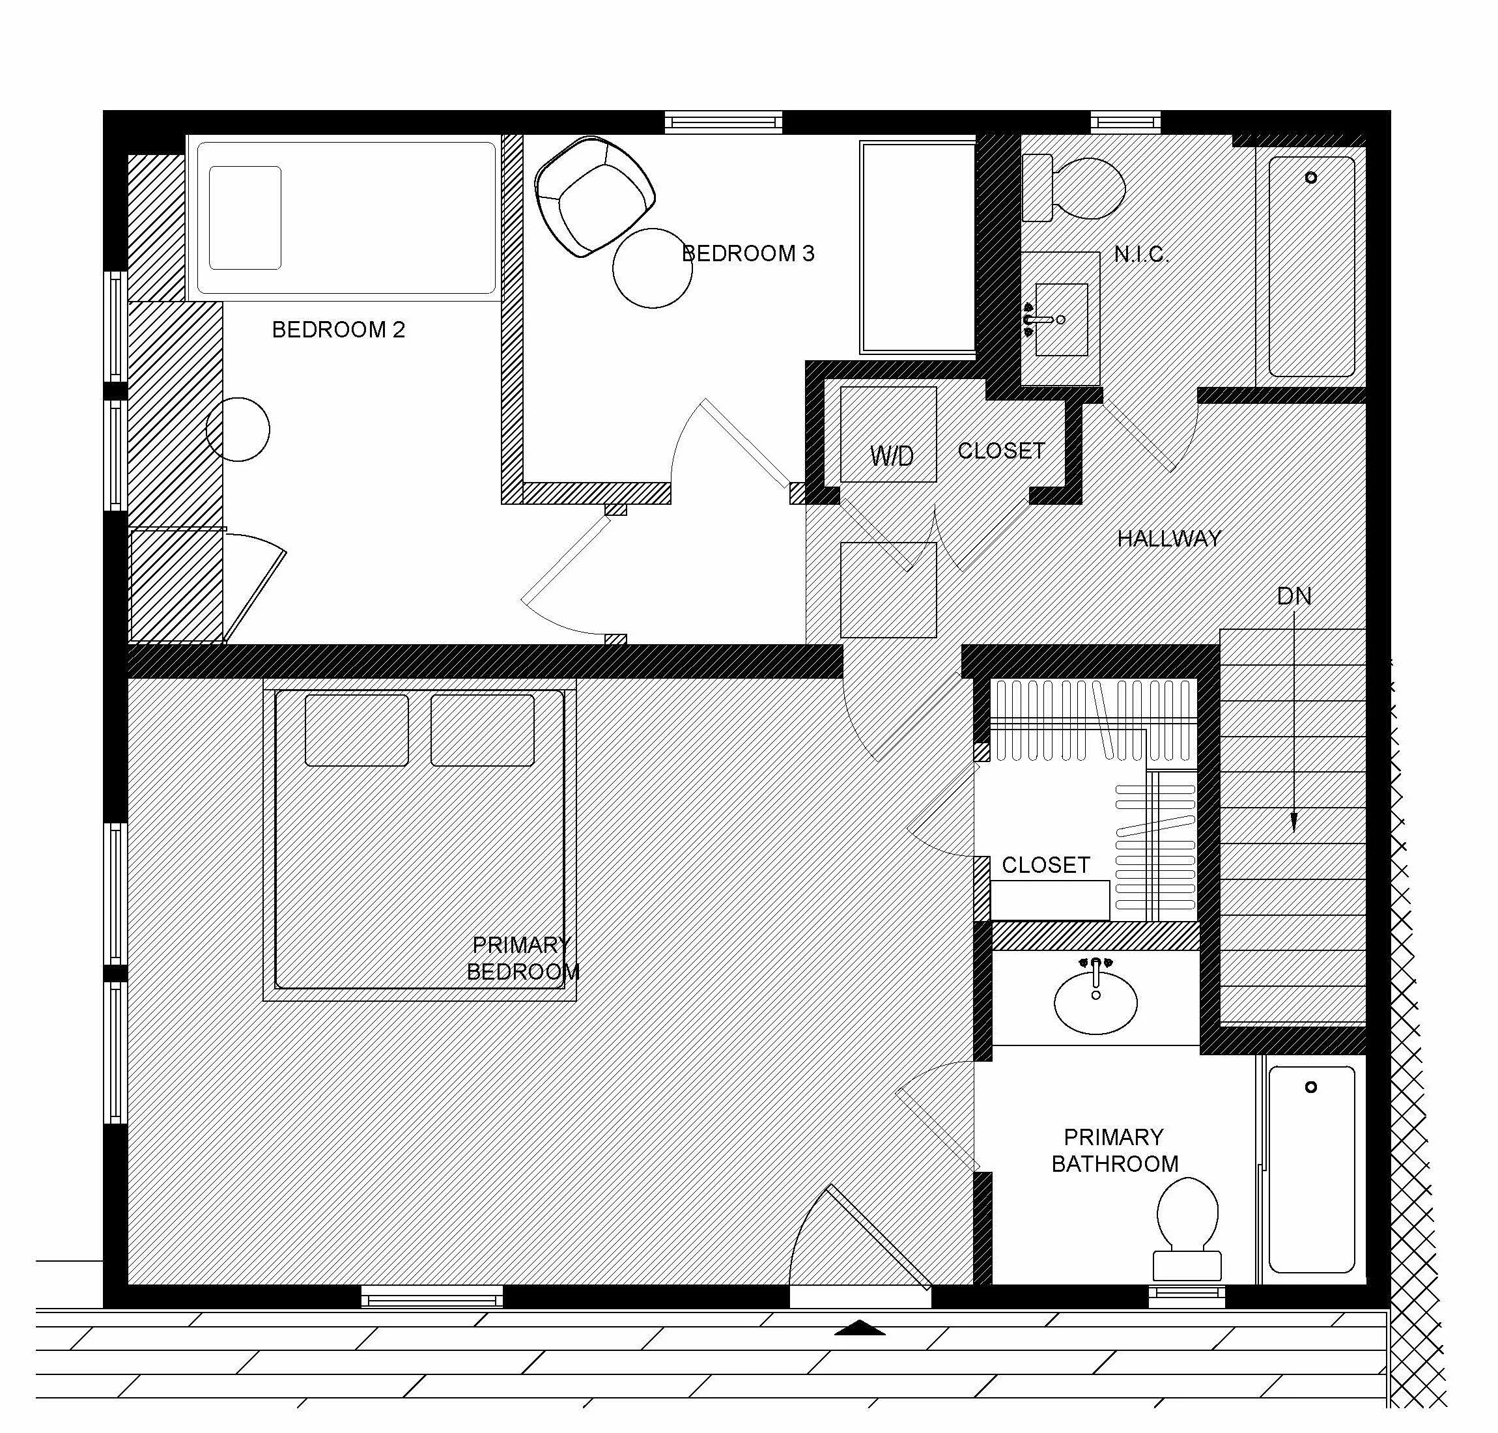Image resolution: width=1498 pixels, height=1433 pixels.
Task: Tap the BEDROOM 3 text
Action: tap(747, 253)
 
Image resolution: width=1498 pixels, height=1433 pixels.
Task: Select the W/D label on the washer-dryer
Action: tap(891, 456)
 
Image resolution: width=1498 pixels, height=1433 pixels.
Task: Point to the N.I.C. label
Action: tap(1140, 255)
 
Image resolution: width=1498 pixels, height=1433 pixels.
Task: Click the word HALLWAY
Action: tap(1168, 539)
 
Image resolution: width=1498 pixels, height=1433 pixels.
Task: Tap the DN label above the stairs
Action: tap(1293, 596)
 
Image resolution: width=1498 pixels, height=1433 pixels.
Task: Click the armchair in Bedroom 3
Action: tap(593, 195)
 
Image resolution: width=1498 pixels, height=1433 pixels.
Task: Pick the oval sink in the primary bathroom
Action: tap(1095, 1001)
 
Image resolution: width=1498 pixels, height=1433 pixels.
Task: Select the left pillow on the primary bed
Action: tap(356, 730)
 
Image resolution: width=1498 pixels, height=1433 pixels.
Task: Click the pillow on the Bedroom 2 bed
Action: tap(244, 218)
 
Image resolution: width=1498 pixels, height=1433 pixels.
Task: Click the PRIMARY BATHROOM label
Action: tap(1114, 1150)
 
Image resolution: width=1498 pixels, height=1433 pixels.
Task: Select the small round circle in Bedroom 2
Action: tap(238, 429)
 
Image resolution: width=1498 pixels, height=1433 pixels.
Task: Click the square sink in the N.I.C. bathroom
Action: tap(1061, 319)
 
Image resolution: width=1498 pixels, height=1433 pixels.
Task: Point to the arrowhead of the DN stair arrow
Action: tap(1293, 822)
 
